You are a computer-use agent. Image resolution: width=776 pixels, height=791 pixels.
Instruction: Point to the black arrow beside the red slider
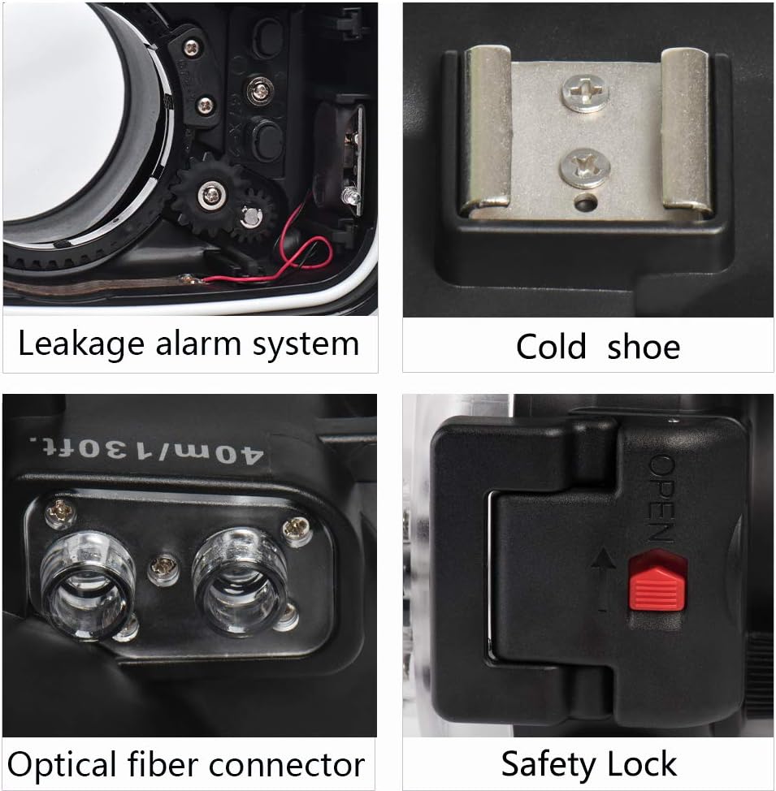tap(604, 579)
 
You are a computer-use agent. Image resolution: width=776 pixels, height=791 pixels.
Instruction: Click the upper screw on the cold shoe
tap(585, 93)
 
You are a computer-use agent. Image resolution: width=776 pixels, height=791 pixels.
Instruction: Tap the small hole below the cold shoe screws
tap(586, 204)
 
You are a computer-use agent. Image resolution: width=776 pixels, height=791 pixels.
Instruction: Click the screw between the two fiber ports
tap(163, 568)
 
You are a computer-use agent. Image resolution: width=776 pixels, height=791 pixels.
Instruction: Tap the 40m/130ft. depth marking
tap(146, 449)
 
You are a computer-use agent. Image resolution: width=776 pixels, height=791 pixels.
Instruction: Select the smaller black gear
tap(254, 215)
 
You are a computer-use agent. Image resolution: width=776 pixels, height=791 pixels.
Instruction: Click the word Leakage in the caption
tap(81, 345)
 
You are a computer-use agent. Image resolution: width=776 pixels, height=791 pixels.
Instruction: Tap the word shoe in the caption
tap(644, 347)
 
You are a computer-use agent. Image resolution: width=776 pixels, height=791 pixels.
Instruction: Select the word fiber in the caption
tap(163, 764)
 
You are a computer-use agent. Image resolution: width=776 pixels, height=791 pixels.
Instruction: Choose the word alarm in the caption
tap(198, 344)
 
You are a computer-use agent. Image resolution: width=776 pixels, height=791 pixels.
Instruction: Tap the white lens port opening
tap(61, 111)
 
